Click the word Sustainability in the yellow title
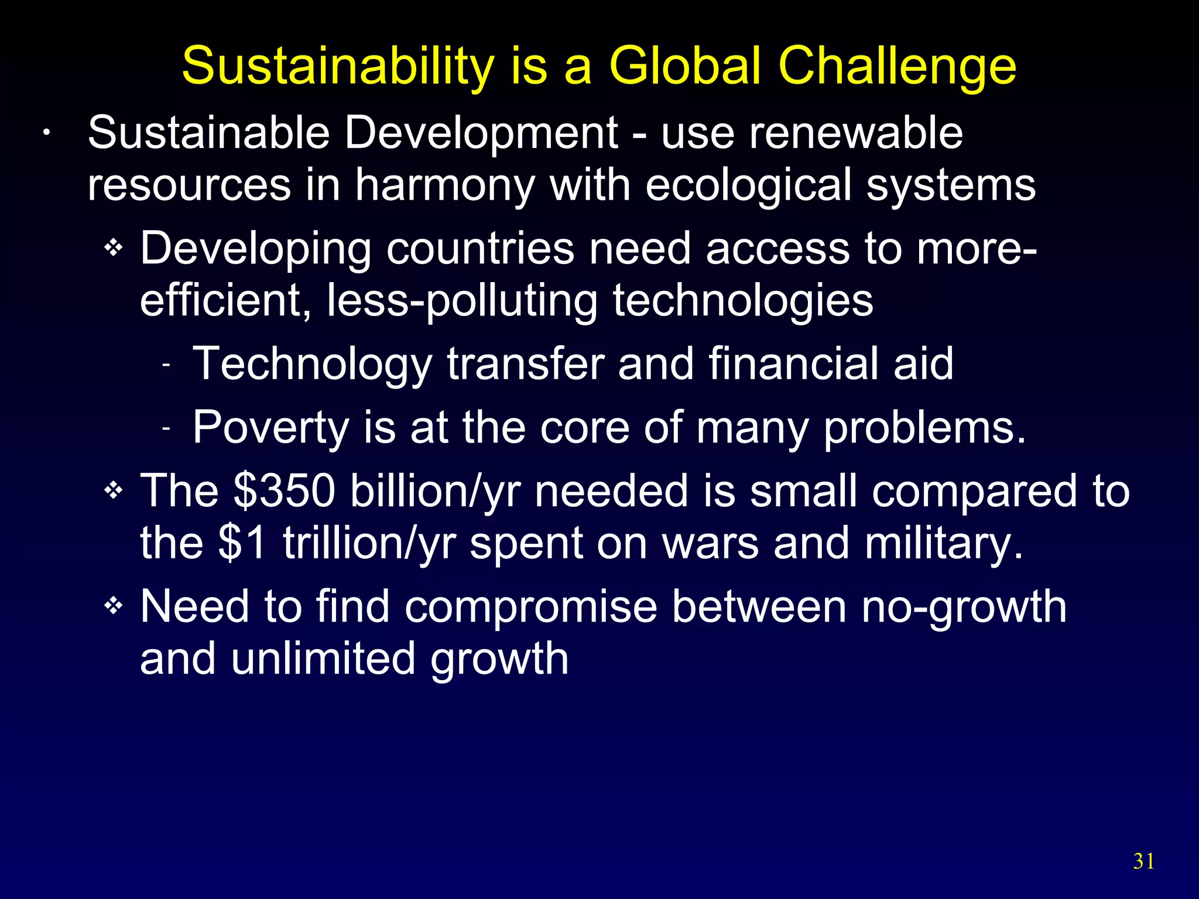tap(338, 66)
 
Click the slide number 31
tap(1144, 861)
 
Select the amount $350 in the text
tap(284, 490)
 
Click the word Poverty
tap(270, 428)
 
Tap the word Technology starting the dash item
tap(312, 364)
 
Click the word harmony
tap(445, 185)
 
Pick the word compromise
tap(531, 606)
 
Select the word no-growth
tap(964, 606)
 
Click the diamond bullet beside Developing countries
tap(114, 248)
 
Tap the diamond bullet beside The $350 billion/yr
tap(114, 490)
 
